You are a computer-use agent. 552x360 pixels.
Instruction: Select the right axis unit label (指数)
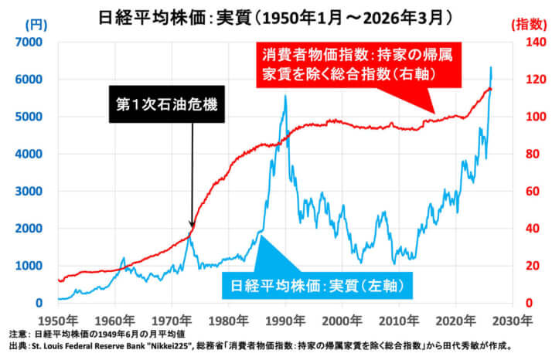(x=530, y=25)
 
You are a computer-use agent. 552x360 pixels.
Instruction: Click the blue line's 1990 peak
(x=286, y=96)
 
